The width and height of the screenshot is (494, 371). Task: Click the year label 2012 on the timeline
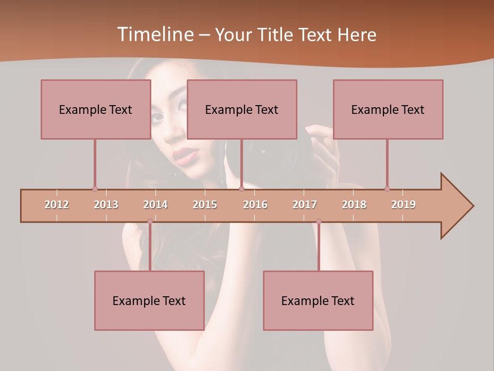pyautogui.click(x=57, y=205)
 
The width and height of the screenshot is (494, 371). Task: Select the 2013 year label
pyautogui.click(x=106, y=205)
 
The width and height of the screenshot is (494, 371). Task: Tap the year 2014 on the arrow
pyautogui.click(x=155, y=205)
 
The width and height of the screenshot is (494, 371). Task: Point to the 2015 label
pyautogui.click(x=205, y=205)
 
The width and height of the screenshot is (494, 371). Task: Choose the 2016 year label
pyautogui.click(x=255, y=205)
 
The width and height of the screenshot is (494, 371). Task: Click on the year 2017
pyautogui.click(x=305, y=205)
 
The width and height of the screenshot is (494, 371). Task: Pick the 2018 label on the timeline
pyautogui.click(x=354, y=205)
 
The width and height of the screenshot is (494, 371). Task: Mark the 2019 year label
pyautogui.click(x=403, y=205)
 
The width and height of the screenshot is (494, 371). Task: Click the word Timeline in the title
pyautogui.click(x=154, y=35)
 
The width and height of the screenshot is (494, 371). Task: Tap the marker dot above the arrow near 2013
pyautogui.click(x=95, y=189)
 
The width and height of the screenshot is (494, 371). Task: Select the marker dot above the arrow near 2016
pyautogui.click(x=241, y=189)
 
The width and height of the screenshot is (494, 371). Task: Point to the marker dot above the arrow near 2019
pyautogui.click(x=387, y=189)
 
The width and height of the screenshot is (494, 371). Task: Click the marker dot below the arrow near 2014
pyautogui.click(x=150, y=222)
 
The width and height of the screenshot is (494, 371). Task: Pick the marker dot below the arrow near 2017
pyautogui.click(x=319, y=222)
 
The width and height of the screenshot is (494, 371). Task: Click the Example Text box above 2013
pyautogui.click(x=96, y=109)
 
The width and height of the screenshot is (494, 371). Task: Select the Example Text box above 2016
pyautogui.click(x=242, y=109)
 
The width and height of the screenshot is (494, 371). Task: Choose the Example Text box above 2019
pyautogui.click(x=388, y=109)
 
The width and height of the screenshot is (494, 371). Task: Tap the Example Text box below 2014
pyautogui.click(x=149, y=300)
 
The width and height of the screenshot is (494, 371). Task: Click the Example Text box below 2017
pyautogui.click(x=318, y=300)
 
